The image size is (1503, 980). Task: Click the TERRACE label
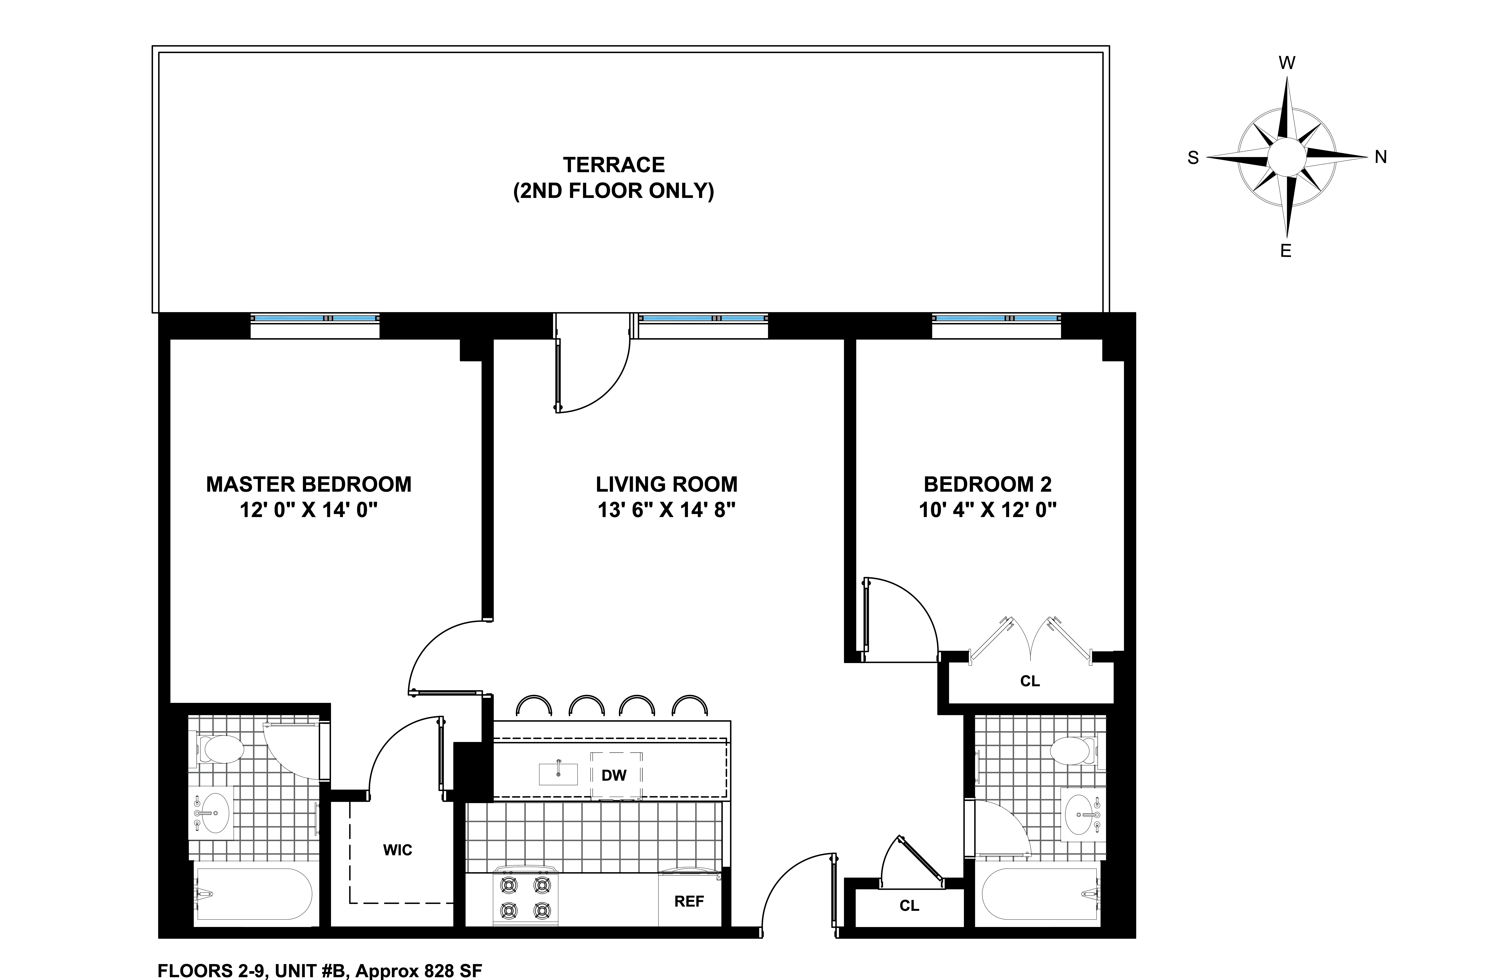coord(613,165)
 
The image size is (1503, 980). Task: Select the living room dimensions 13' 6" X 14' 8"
coord(666,510)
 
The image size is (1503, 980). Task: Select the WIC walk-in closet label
coord(397,850)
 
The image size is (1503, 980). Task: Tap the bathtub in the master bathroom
coord(254,894)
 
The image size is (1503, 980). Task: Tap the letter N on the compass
coord(1380,157)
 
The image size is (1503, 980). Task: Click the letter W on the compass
coord(1286,63)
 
